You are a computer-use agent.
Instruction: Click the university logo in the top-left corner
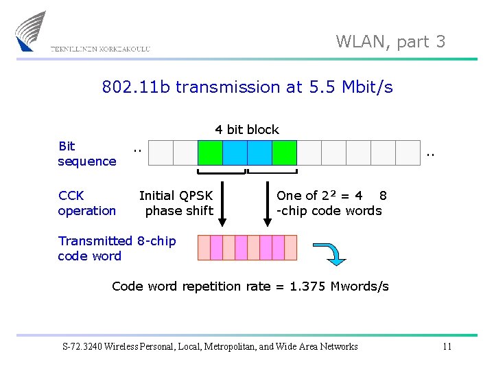pyautogui.click(x=31, y=31)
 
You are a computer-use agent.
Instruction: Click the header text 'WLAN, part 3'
pyautogui.click(x=390, y=42)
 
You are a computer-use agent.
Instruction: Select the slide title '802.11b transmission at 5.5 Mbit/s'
pyautogui.click(x=247, y=87)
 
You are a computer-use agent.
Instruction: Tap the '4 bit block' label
pyautogui.click(x=247, y=130)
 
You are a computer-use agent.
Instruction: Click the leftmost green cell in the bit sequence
pyautogui.click(x=210, y=153)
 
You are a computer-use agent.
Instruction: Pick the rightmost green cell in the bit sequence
pyautogui.click(x=284, y=153)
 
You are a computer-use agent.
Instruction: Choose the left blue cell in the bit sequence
pyautogui.click(x=235, y=153)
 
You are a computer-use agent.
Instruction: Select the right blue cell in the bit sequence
pyautogui.click(x=259, y=153)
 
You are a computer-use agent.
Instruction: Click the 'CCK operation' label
pyautogui.click(x=86, y=203)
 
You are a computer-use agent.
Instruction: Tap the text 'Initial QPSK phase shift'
pyautogui.click(x=176, y=203)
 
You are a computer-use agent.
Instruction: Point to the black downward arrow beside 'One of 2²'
pyautogui.click(x=268, y=203)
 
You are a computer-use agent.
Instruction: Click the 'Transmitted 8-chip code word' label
pyautogui.click(x=117, y=249)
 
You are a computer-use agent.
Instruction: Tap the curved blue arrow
pyautogui.click(x=330, y=253)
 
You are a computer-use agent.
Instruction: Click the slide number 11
pyautogui.click(x=447, y=346)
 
